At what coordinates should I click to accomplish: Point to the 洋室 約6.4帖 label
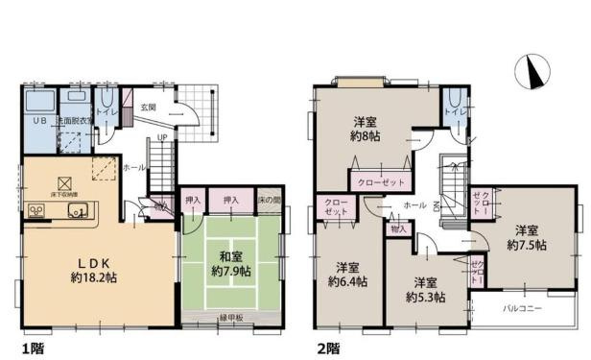coord(347,274)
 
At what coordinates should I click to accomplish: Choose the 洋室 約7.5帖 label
coord(529,238)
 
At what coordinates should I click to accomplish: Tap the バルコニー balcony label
coord(525,309)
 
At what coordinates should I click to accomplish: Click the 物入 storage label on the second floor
coord(400,229)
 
